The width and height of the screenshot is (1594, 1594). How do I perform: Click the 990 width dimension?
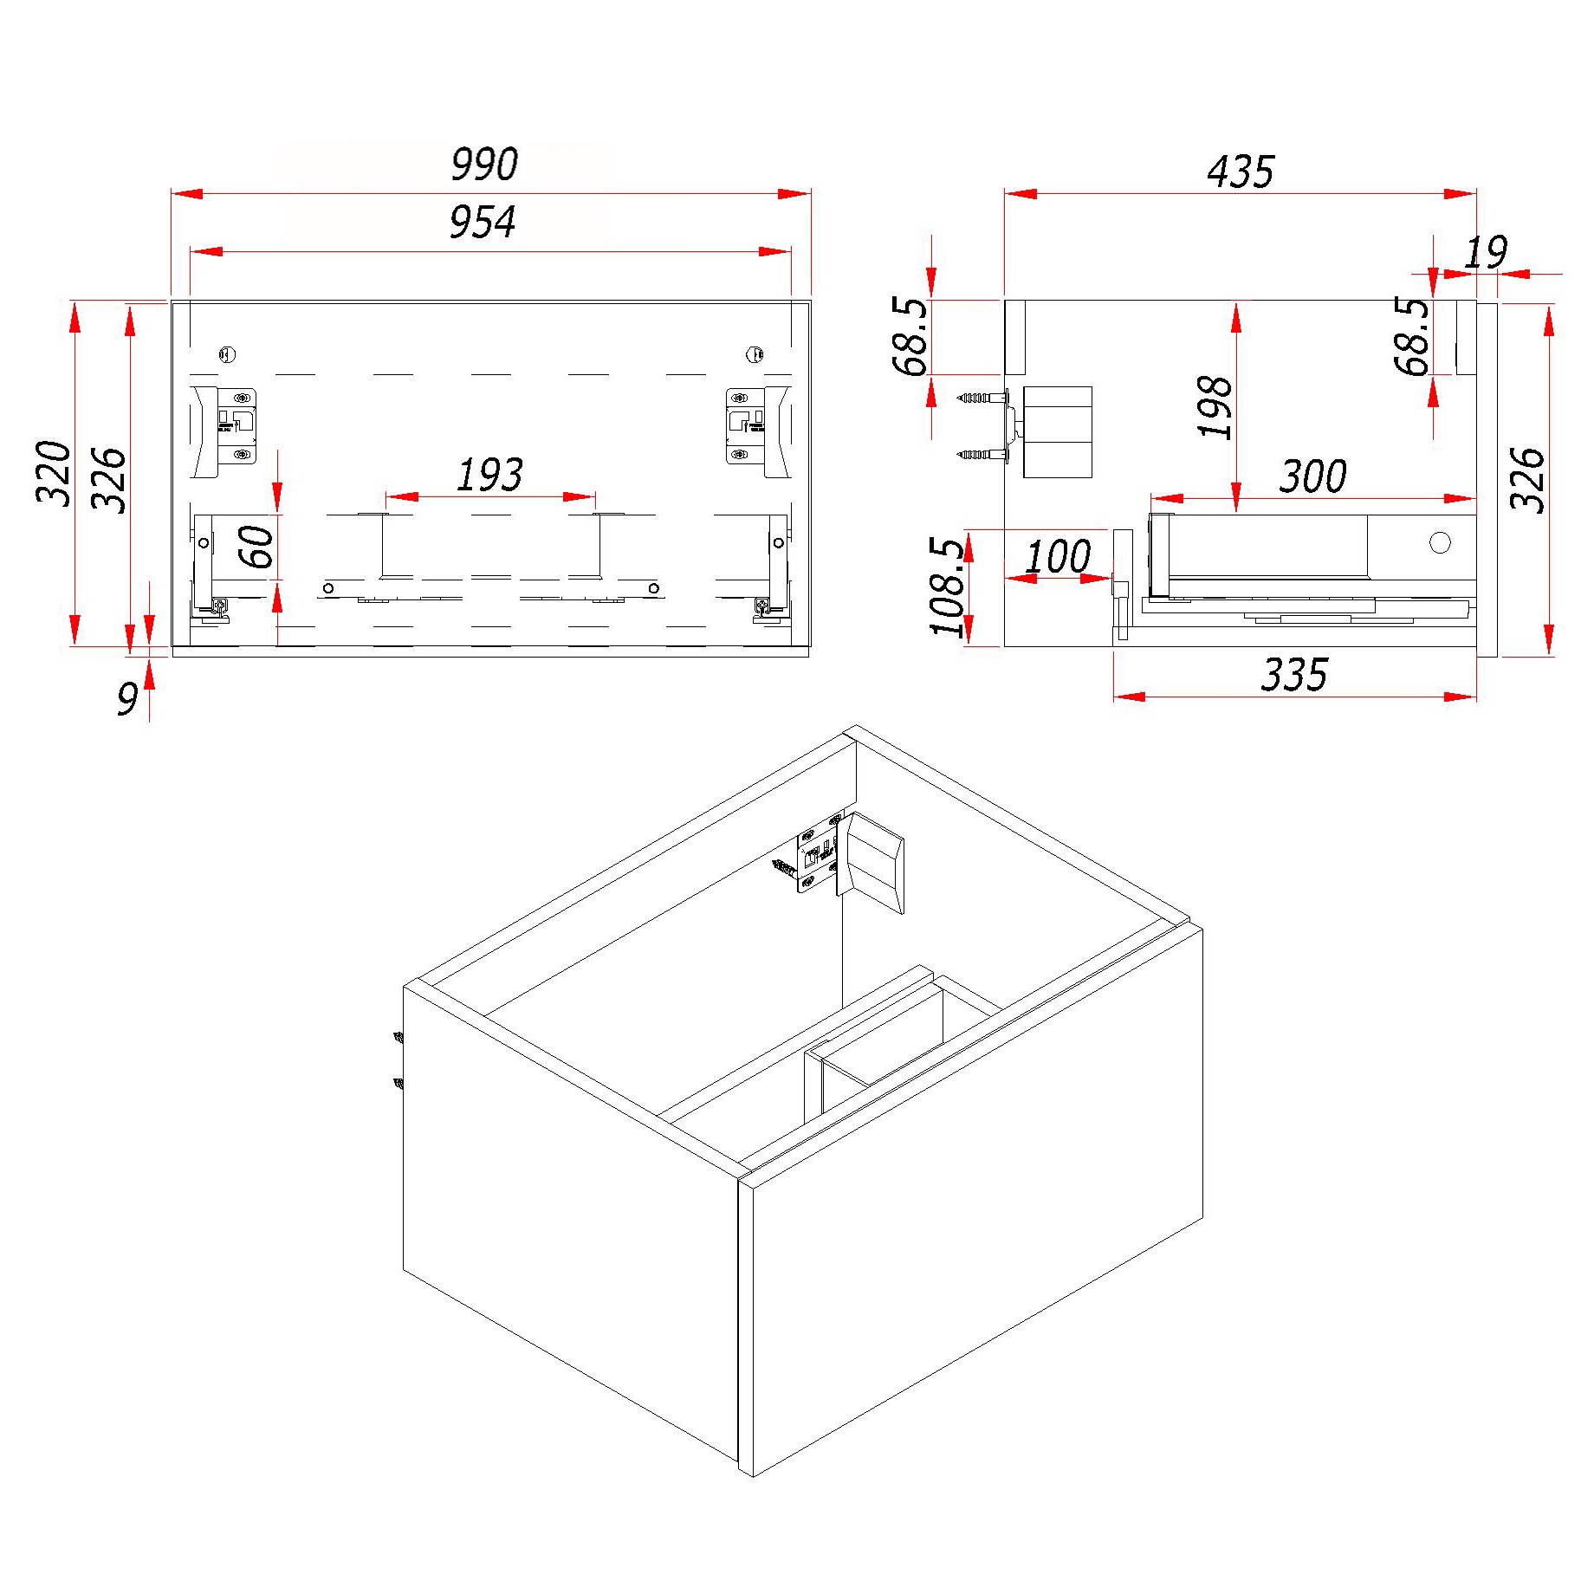click(484, 165)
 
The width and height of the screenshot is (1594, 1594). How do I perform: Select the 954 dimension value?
click(483, 222)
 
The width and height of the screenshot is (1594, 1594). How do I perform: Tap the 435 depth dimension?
click(1241, 172)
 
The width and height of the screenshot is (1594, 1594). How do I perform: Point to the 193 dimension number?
click(489, 475)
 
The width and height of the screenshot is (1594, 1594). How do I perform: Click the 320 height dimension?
click(54, 473)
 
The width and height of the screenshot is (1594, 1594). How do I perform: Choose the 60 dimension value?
click(257, 547)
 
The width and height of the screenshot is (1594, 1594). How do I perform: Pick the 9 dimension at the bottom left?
click(128, 698)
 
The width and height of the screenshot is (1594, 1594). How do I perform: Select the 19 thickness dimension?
click(1486, 253)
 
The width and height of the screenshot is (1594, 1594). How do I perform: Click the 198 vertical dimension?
click(1215, 407)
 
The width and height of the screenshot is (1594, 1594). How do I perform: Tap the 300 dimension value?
click(1313, 476)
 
